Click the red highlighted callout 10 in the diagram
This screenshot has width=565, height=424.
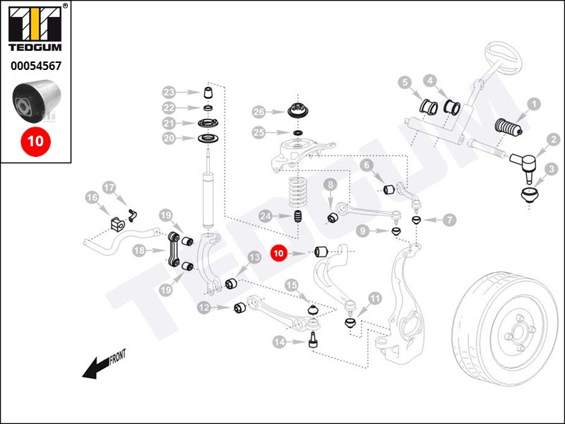click(x=278, y=252)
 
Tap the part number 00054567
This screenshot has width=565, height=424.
click(x=35, y=66)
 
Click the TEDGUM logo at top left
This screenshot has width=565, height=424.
click(x=35, y=30)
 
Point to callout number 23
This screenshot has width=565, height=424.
click(x=169, y=93)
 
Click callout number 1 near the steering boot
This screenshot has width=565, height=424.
click(x=534, y=105)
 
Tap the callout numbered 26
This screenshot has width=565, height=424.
click(x=258, y=112)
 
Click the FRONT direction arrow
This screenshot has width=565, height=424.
click(x=99, y=365)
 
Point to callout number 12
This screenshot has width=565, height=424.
click(x=203, y=307)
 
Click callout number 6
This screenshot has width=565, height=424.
click(x=366, y=165)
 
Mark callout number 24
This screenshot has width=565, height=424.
click(x=266, y=216)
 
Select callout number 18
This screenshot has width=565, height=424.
click(x=139, y=250)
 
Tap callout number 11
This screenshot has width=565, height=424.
click(x=374, y=298)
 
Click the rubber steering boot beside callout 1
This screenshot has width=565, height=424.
click(x=506, y=126)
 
